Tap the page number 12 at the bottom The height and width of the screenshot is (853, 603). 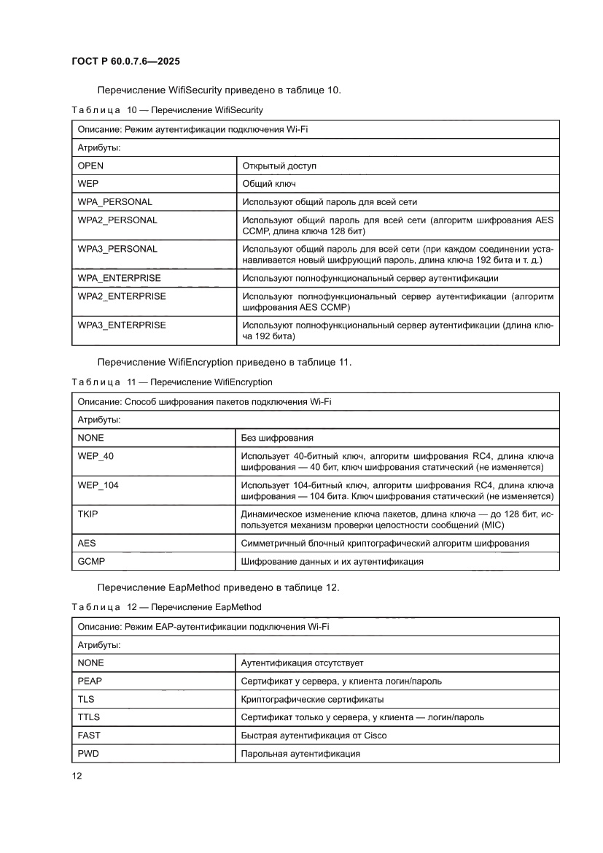(x=77, y=776)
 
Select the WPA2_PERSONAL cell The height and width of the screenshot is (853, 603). (x=117, y=220)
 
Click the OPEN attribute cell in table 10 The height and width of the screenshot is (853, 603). (x=90, y=166)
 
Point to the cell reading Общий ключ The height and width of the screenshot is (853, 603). (x=269, y=184)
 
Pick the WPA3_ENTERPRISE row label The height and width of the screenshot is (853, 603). (x=122, y=325)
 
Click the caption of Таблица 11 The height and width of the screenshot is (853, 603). (x=172, y=382)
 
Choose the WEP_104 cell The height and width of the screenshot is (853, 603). (x=98, y=485)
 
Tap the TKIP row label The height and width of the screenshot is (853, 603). (x=88, y=514)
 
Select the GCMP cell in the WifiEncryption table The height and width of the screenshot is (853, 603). (x=91, y=561)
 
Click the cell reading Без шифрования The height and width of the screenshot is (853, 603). (x=277, y=438)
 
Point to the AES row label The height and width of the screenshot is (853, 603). (x=87, y=544)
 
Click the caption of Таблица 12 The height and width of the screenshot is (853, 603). (x=166, y=607)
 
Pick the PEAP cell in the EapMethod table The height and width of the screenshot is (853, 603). (x=90, y=681)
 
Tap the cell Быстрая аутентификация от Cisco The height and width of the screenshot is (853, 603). (x=314, y=736)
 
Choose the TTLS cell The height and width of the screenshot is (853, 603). (x=89, y=717)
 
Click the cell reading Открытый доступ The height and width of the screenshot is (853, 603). (x=279, y=166)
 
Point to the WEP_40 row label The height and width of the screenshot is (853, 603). (x=96, y=456)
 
